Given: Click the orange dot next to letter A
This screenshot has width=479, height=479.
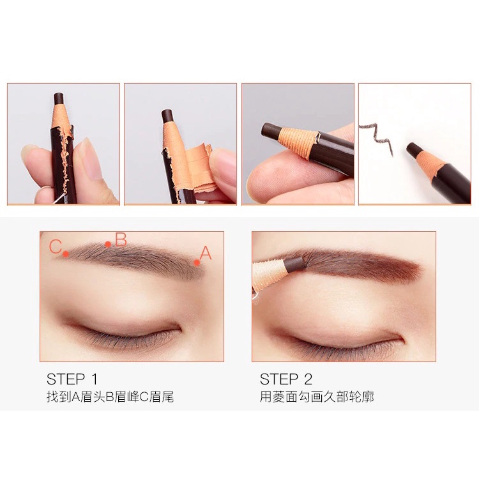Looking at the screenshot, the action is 197,262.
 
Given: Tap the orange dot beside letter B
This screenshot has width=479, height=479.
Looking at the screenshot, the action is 108,244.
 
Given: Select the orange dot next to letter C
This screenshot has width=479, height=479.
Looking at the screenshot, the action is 66,254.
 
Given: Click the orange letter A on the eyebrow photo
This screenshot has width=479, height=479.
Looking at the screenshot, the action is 206,253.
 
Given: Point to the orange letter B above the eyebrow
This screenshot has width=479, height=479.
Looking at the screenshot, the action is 121,240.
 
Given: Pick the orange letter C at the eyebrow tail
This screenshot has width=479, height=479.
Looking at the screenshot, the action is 56,247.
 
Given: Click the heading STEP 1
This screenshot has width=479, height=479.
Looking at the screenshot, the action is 72,379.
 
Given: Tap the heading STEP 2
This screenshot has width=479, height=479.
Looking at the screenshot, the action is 286,379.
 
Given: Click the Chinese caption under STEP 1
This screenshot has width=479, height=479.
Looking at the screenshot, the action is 110,397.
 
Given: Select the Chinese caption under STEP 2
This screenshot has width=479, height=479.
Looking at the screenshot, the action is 317,397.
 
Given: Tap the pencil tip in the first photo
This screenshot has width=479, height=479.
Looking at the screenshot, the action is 58,98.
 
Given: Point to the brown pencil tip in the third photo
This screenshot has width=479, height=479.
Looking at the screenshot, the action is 270,131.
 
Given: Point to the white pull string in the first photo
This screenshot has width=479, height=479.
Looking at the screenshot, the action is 59,199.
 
